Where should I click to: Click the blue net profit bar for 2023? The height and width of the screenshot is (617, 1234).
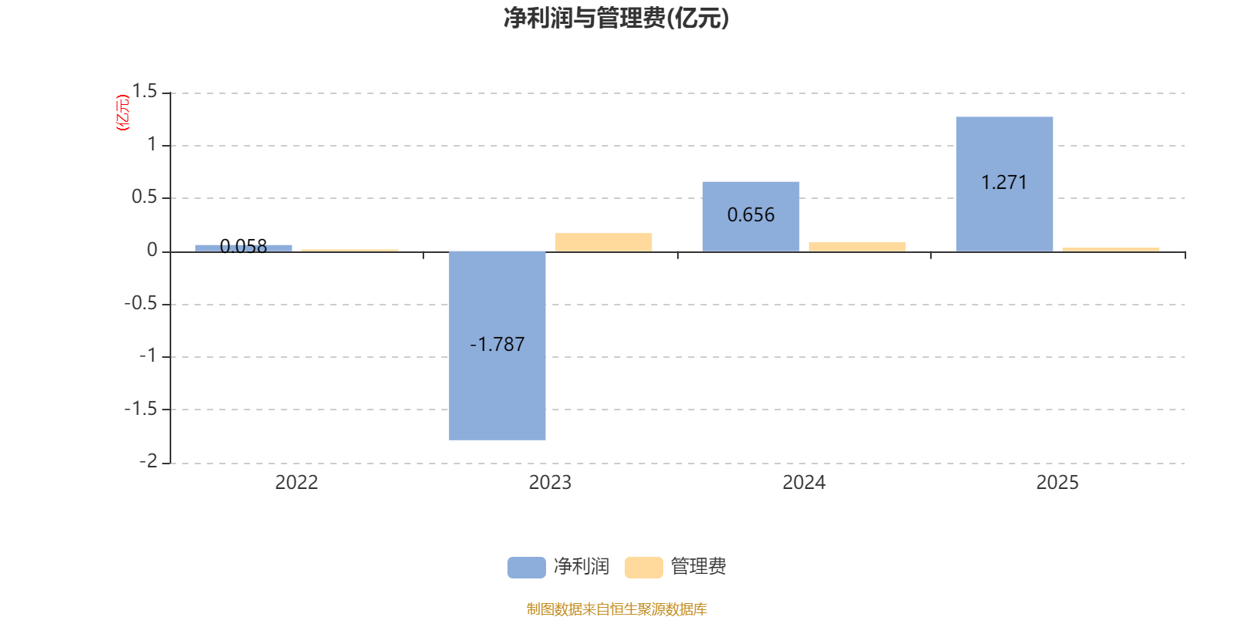(497, 346)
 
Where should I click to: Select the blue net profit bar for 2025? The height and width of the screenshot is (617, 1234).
(1004, 184)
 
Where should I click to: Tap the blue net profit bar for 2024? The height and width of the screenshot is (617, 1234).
(751, 217)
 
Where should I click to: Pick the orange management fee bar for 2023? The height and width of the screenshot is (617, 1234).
(603, 242)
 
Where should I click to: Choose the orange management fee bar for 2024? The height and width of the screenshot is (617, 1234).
(857, 247)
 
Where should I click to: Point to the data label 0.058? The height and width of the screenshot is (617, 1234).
(244, 246)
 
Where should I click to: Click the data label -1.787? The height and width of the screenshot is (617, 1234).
(497, 344)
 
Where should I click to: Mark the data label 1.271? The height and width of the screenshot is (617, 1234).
(1004, 182)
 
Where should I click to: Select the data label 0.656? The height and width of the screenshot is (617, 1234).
(751, 215)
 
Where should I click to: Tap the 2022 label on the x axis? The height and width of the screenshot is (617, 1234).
(296, 483)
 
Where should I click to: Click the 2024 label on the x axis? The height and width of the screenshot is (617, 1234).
(804, 483)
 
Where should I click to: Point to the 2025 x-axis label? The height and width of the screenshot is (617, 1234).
(1057, 483)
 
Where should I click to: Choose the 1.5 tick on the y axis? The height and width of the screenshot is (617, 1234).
(144, 91)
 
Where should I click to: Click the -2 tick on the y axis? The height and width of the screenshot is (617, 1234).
(148, 461)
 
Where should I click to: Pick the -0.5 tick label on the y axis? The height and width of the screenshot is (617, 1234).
(140, 303)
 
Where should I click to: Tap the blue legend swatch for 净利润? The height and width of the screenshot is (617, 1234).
(526, 567)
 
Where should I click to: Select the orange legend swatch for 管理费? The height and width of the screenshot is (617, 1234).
(643, 567)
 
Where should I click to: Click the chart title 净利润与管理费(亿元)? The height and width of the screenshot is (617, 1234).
(616, 19)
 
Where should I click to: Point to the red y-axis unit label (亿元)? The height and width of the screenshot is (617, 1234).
(123, 113)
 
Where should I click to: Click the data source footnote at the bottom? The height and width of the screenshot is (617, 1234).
(616, 609)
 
